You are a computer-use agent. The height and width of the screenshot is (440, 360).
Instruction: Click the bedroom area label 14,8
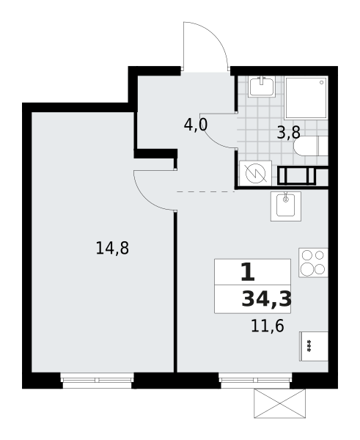(x=112, y=248)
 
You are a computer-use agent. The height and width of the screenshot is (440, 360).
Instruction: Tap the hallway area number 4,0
(x=196, y=125)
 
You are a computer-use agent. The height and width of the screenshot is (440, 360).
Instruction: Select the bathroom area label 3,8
(x=288, y=133)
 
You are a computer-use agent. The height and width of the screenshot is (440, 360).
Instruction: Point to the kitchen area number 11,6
(x=267, y=326)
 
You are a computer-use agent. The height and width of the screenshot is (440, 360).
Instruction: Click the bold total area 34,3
(x=266, y=299)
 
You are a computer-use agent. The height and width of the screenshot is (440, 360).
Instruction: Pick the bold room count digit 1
(x=247, y=273)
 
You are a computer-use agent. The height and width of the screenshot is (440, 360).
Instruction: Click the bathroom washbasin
(x=262, y=87)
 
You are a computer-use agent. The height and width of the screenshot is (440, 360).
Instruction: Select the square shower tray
(x=306, y=98)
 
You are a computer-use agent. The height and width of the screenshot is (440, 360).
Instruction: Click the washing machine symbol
(x=255, y=174)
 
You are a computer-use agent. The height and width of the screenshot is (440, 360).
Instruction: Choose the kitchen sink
(x=286, y=206)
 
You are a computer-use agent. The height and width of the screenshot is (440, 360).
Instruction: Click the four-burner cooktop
(x=313, y=263)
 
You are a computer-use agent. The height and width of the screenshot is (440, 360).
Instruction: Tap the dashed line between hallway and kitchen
(x=205, y=191)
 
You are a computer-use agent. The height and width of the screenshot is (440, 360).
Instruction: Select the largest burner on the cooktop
(x=306, y=269)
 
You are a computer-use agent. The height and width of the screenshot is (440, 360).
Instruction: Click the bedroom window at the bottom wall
(x=97, y=373)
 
